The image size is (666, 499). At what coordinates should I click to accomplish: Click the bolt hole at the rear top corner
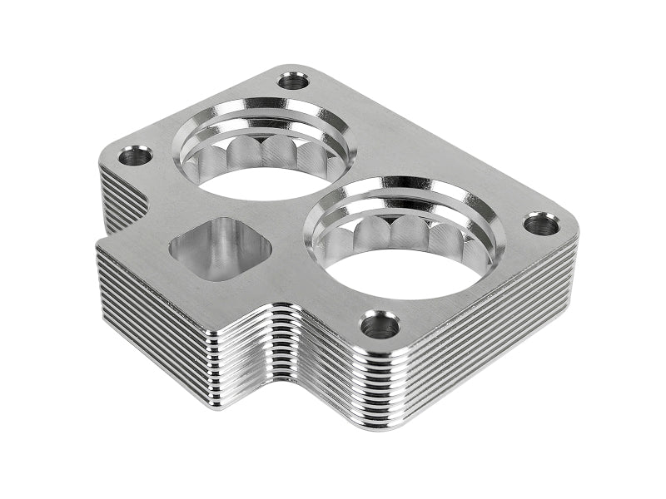pos(292,81)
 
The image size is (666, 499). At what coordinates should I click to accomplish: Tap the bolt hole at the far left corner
pos(135,155)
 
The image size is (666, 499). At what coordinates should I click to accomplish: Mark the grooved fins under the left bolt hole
pos(117,195)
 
